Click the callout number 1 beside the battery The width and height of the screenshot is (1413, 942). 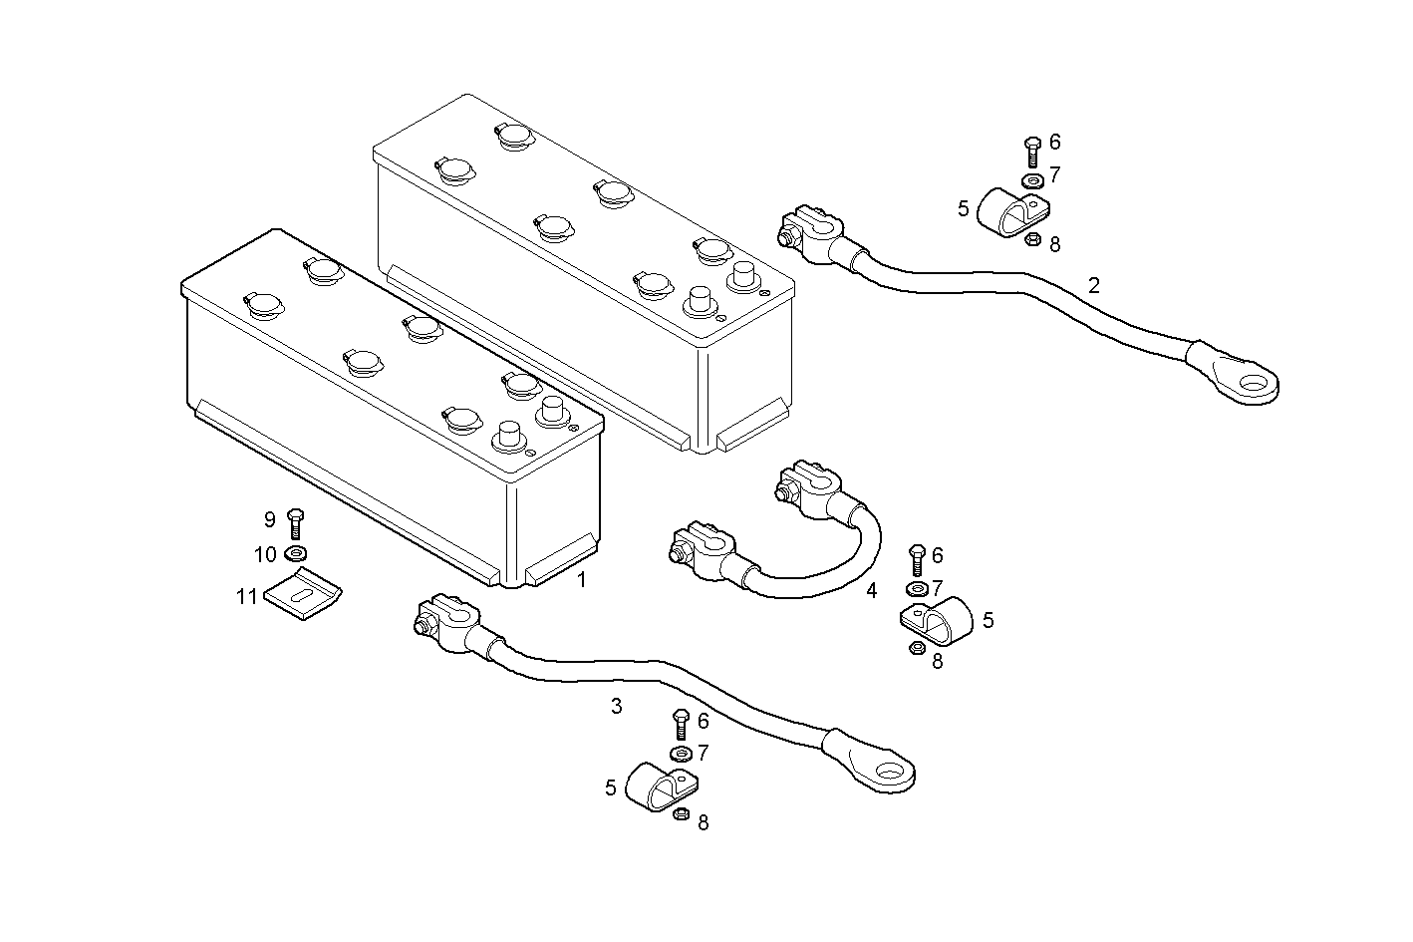(x=582, y=579)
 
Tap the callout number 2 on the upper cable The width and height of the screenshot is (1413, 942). (x=1093, y=286)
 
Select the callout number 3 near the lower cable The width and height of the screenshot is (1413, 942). (x=616, y=707)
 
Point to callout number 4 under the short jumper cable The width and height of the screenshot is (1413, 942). (x=871, y=590)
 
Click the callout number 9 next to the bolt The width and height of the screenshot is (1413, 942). (x=269, y=519)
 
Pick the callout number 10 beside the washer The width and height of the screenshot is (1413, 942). (x=265, y=554)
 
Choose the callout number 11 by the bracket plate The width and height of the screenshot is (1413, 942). (x=246, y=597)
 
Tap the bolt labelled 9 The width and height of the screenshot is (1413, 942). (x=295, y=523)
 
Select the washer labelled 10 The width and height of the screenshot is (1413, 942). (x=296, y=554)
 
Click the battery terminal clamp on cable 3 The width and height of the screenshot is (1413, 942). (x=445, y=628)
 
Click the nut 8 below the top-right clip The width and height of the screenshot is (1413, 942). (x=1032, y=239)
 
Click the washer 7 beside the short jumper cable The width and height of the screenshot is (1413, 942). (x=916, y=588)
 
